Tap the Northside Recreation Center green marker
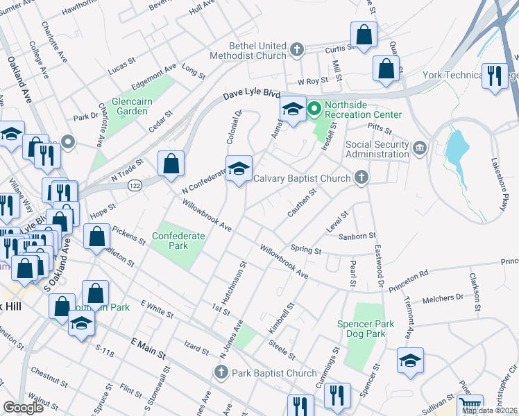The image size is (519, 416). pyautogui.click(x=314, y=109)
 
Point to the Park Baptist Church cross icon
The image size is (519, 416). pyautogui.click(x=220, y=373)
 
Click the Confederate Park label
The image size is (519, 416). pyautogui.click(x=178, y=241)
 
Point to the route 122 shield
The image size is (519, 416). pyautogui.click(x=135, y=185)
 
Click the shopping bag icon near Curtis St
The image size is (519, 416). pyautogui.click(x=364, y=34)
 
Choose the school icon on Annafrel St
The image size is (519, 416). pyautogui.click(x=293, y=109)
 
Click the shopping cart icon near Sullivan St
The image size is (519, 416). pyautogui.click(x=470, y=405)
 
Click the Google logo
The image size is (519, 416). pyautogui.click(x=24, y=408)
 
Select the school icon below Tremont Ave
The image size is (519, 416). pyautogui.click(x=409, y=360)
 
